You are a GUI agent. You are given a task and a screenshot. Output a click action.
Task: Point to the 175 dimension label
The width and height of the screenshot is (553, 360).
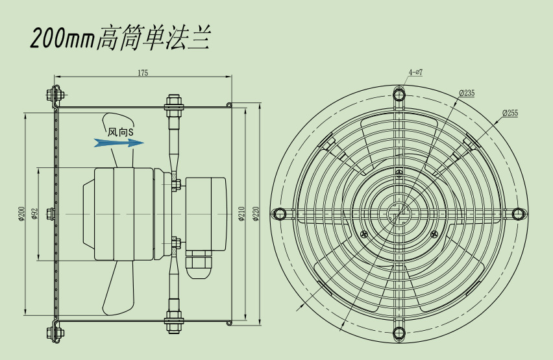click(x=143, y=73)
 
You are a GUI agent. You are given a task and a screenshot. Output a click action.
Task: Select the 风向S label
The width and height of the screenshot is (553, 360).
click(x=121, y=132)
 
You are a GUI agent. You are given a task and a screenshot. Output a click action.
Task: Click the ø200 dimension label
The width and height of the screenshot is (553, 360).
click(x=21, y=213)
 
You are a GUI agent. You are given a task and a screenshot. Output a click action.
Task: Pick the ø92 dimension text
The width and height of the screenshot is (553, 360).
click(x=35, y=213)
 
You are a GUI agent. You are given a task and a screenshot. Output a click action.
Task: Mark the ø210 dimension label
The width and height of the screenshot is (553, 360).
click(x=241, y=213)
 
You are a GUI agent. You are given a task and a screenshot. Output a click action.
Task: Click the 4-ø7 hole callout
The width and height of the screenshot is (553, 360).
click(x=415, y=72)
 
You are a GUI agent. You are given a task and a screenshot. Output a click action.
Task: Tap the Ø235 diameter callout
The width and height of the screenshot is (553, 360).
click(x=467, y=93)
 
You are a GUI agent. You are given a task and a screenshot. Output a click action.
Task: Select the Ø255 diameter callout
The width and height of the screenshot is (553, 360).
click(x=510, y=113)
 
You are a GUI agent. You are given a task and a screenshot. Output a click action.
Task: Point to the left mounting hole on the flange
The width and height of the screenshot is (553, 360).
click(x=279, y=213)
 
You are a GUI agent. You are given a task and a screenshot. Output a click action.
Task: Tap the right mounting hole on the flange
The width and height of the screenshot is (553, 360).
click(x=518, y=213)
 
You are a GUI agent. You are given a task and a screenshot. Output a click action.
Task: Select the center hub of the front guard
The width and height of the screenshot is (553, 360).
click(x=399, y=213)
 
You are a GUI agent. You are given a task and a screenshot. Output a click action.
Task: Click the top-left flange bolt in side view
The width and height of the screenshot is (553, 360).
click(x=55, y=94)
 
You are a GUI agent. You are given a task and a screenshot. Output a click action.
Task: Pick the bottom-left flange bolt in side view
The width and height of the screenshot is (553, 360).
click(x=55, y=332)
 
